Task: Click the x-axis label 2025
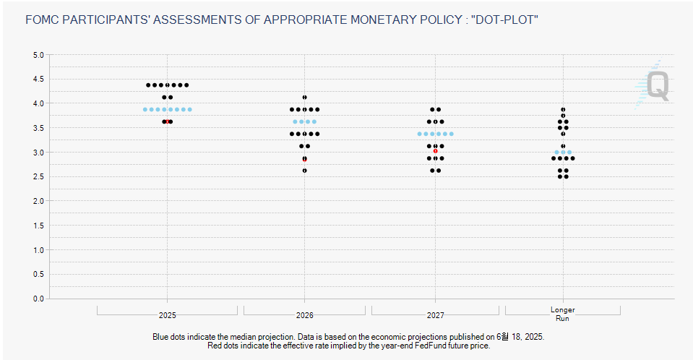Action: pos(167,315)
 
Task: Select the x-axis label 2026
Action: pos(304,315)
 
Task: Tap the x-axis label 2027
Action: pos(435,315)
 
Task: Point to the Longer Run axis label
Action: pos(563,314)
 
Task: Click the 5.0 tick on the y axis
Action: pos(38,55)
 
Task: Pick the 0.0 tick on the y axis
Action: pos(38,299)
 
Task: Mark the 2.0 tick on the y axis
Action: pos(38,201)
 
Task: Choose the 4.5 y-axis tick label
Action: pos(38,80)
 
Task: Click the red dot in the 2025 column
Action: pos(168,121)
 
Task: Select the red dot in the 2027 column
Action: pos(435,151)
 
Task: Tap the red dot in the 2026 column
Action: pos(304,160)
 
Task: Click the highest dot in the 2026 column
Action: pos(304,98)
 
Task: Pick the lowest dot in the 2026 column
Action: pos(304,171)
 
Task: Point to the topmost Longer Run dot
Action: pos(563,109)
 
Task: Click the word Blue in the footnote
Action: pos(160,337)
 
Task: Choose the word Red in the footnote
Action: pos(214,346)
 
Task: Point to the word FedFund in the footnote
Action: pos(430,346)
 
